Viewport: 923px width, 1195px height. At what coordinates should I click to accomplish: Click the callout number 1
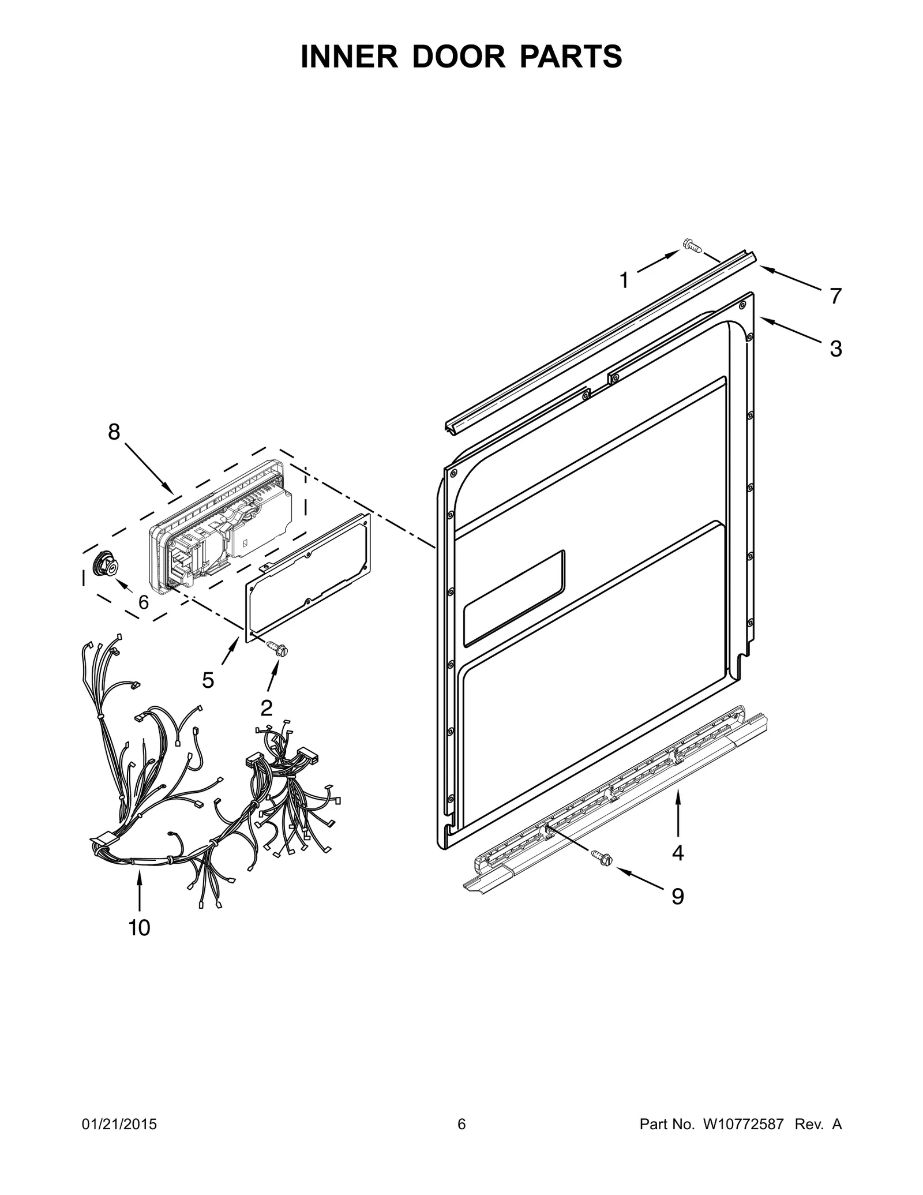[624, 281]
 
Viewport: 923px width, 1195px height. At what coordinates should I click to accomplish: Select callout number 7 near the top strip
[836, 297]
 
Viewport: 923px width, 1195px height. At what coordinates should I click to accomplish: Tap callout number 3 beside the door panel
[836, 349]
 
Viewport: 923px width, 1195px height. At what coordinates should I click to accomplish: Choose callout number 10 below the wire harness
[139, 928]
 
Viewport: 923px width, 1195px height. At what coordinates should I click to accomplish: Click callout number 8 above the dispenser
[114, 432]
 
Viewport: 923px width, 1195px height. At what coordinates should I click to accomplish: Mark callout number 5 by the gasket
[208, 681]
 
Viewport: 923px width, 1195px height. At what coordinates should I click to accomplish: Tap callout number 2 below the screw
[267, 707]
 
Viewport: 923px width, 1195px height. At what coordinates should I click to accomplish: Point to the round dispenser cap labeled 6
[104, 563]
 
